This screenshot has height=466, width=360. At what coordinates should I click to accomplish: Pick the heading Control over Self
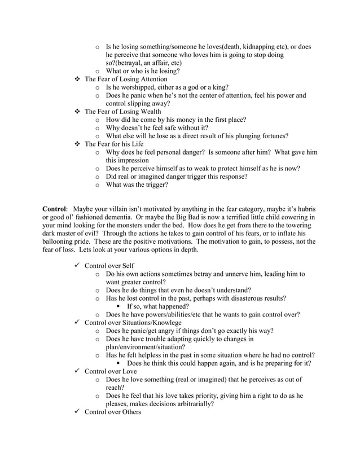click(x=109, y=266)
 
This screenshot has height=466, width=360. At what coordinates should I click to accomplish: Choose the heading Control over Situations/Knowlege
click(x=133, y=322)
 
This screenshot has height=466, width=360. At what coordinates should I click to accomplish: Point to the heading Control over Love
click(x=111, y=371)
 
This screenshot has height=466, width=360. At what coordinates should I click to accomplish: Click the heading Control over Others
click(x=113, y=412)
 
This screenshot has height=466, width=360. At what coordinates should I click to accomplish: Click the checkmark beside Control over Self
click(x=77, y=266)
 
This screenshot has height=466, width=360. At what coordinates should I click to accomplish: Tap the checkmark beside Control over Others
click(x=77, y=412)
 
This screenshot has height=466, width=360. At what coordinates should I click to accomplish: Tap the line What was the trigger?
click(x=137, y=184)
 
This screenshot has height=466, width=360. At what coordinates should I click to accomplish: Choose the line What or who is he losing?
click(x=143, y=71)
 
